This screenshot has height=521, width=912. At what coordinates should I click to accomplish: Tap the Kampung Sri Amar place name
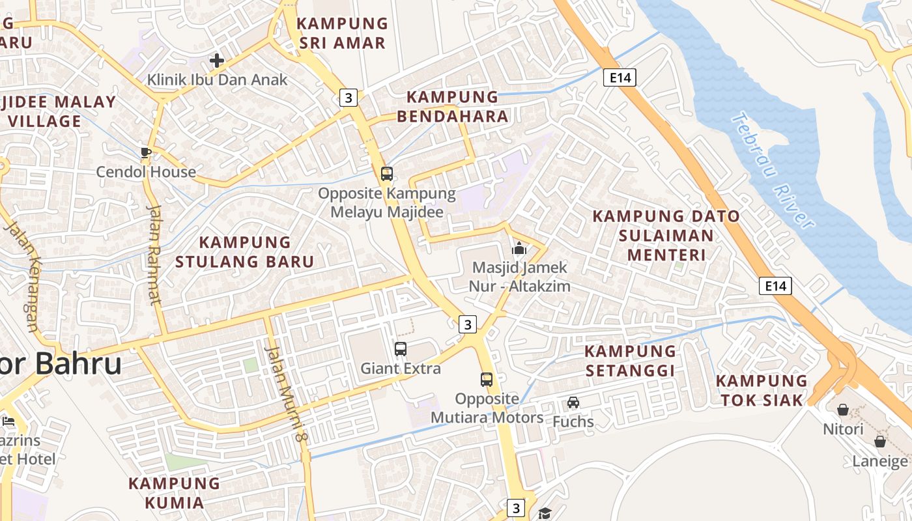pos(341,33)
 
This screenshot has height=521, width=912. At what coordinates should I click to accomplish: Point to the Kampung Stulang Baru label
pos(244,252)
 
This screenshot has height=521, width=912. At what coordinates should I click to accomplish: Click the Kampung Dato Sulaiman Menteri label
pos(666,235)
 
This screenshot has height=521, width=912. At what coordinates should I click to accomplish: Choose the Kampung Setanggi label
pos(630,361)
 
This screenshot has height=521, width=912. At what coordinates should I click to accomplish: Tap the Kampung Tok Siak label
pos(761,390)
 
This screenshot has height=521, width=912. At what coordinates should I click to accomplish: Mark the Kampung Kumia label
pos(174,493)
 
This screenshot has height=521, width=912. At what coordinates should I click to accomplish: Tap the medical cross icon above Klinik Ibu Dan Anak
pos(217,61)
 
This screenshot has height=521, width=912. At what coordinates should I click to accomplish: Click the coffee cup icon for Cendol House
pos(145,153)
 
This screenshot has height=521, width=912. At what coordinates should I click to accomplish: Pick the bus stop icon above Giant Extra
pos(401,349)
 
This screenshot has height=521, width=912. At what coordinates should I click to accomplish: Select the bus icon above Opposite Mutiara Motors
pos(487,380)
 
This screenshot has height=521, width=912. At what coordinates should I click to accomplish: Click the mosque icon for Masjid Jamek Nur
pos(519,248)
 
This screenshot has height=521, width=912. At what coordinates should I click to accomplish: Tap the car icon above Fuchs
pos(573,402)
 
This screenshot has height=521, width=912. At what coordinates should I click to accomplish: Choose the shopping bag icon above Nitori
pos(843,410)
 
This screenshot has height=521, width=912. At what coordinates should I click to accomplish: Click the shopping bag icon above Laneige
pos(880,442)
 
